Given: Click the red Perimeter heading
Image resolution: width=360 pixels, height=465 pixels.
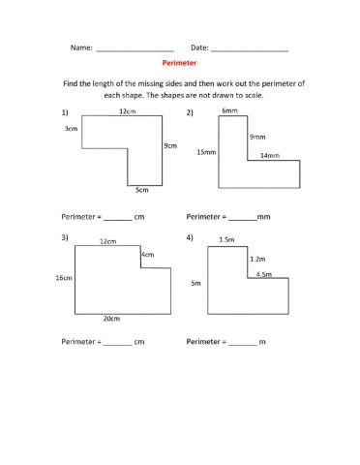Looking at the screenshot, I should click(x=180, y=62).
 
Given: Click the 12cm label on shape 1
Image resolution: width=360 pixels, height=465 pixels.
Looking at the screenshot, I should click(x=127, y=111).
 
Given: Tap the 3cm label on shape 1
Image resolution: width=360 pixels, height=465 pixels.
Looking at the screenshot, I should click(x=71, y=129).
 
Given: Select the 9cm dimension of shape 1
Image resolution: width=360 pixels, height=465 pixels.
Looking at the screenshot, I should click(x=170, y=146).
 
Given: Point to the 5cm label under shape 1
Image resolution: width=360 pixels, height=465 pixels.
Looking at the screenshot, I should click(x=142, y=189).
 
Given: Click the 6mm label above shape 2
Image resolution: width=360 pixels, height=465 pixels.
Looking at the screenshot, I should click(x=229, y=111).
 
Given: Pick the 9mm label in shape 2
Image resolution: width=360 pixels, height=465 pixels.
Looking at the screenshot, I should click(x=256, y=137).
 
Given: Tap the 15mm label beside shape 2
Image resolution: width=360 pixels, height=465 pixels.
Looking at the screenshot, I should click(x=205, y=152).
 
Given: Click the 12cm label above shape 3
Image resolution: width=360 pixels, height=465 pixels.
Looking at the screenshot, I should click(x=108, y=241).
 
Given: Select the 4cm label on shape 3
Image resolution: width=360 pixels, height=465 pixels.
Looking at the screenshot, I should click(x=147, y=255).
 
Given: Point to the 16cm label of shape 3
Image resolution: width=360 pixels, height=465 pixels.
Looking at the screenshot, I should click(x=65, y=278).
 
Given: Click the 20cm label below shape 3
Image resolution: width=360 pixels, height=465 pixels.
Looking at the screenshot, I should click(x=111, y=318).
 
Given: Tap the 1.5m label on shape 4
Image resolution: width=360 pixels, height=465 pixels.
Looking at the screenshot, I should click(x=227, y=239).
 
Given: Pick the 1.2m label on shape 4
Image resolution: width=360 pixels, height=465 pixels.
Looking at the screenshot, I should click(x=257, y=259).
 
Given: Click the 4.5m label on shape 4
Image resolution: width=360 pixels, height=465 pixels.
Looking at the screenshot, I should click(x=264, y=275).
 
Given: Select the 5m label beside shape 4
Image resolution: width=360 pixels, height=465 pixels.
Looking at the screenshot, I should click(x=195, y=284).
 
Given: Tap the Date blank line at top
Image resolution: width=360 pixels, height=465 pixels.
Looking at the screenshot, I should click(x=249, y=47).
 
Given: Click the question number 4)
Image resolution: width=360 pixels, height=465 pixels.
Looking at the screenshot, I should click(x=190, y=237).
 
